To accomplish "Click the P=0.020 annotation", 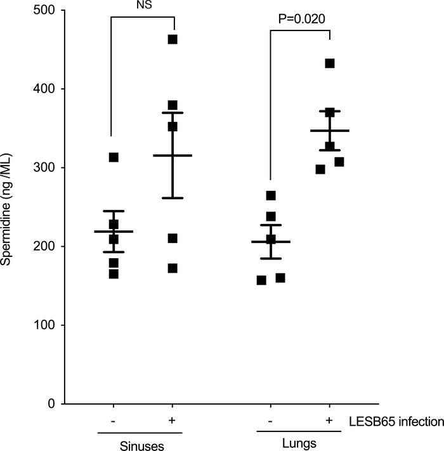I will pos(302,18).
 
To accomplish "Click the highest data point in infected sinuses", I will pos(173,39).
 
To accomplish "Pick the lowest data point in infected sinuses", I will pos(173,268).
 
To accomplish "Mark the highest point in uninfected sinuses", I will pos(114,157).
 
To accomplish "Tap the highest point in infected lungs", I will pos(330,63).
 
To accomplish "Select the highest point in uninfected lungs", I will pos(271,195).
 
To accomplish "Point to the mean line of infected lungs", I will pos(330,131).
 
